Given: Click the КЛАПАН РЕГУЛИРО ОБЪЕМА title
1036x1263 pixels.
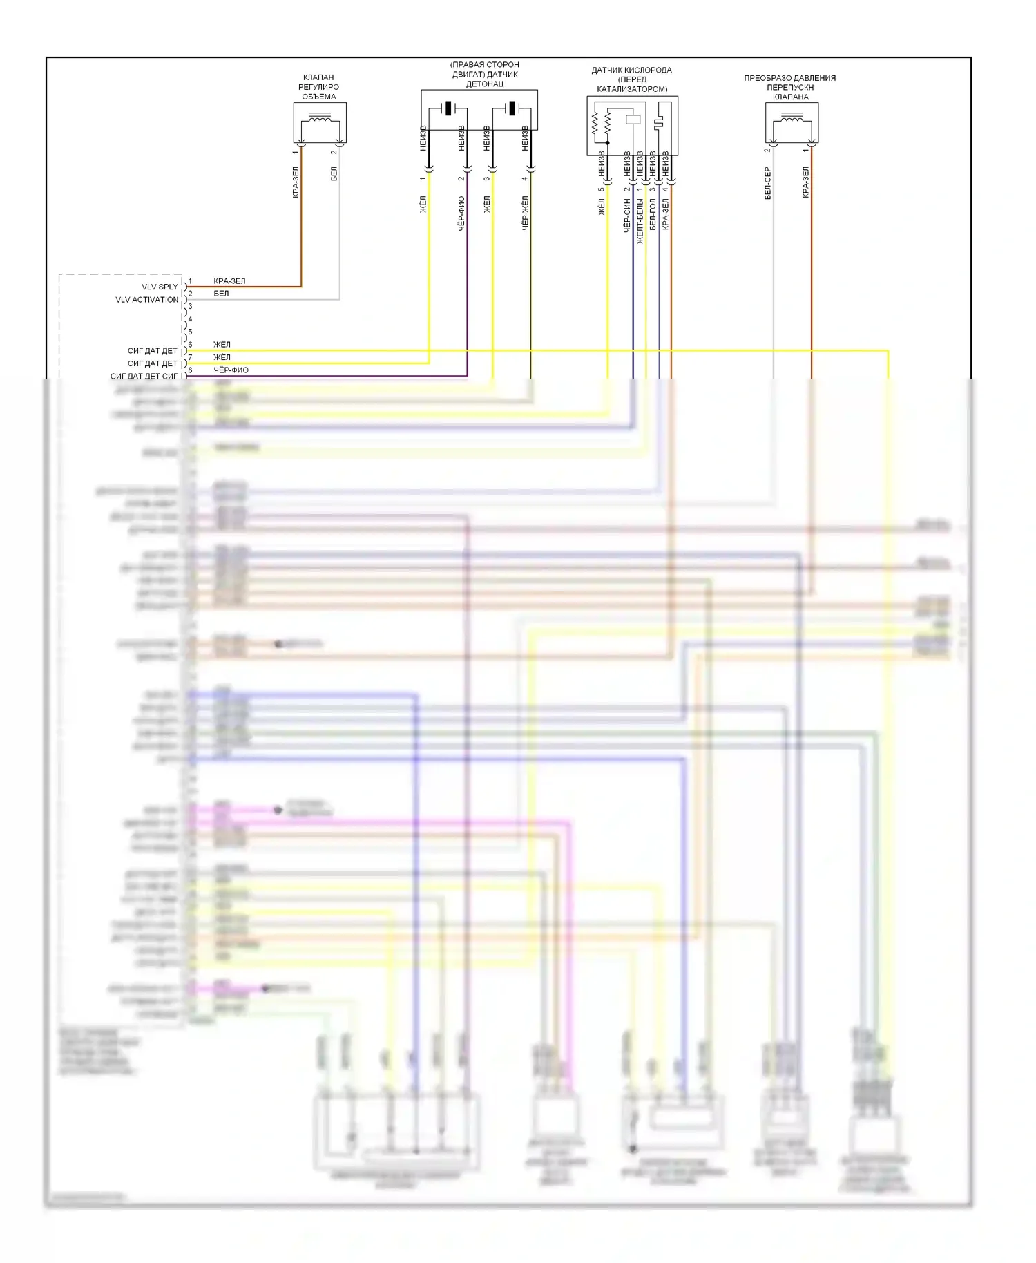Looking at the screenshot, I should [318, 87].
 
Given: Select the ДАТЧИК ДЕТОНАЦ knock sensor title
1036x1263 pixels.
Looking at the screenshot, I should [484, 75].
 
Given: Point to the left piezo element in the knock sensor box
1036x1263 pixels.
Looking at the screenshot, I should [448, 108].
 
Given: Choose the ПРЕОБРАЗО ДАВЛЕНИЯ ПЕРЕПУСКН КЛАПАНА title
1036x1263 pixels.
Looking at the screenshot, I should [789, 87].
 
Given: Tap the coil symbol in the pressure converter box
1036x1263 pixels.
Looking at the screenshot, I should [791, 121].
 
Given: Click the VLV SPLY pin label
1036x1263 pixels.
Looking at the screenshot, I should [160, 287].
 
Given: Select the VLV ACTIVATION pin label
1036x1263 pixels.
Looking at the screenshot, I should [146, 300].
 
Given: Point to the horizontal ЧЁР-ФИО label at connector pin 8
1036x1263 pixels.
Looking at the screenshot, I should [231, 370].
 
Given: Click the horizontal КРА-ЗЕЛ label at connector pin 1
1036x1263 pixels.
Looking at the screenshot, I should [229, 281].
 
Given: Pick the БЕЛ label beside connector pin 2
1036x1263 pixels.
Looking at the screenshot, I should [221, 294].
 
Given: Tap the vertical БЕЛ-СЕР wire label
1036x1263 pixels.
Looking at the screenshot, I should [767, 183].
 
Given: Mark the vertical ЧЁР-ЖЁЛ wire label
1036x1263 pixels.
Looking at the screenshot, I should [525, 212].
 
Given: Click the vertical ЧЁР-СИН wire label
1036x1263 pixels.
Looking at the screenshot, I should [627, 215].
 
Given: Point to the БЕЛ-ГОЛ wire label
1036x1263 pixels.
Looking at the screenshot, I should [652, 215].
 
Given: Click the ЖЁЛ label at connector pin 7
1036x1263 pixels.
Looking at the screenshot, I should [222, 357].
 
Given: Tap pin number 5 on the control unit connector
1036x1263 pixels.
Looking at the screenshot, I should [191, 332].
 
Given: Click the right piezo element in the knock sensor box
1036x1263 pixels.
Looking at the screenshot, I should [512, 108].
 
